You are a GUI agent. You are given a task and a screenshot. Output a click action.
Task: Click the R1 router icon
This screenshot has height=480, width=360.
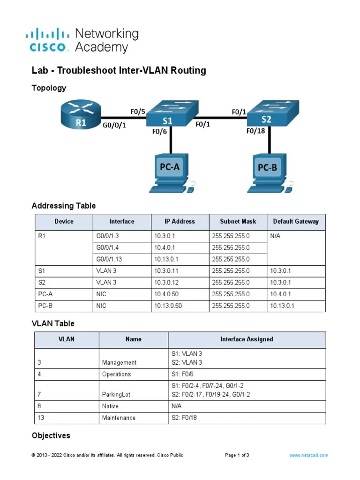pos(81,115)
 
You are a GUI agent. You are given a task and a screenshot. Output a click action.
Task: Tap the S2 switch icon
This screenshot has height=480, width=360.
pos(270,112)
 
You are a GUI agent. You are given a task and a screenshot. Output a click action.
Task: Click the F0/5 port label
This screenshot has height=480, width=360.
pos(138,112)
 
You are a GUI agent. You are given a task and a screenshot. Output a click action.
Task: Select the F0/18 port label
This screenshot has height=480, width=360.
pos(256,131)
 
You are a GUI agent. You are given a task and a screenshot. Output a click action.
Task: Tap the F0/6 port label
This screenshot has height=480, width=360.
pos(159,132)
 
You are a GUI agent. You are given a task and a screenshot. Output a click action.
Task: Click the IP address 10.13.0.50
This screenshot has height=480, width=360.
pos(168,306)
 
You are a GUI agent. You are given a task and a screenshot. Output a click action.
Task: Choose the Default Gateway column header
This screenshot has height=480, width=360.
pos(295,221)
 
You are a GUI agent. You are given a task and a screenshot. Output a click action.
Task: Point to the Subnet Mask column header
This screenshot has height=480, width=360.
pos(238,221)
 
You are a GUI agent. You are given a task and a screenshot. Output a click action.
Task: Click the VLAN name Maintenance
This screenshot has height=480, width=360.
pos(119,418)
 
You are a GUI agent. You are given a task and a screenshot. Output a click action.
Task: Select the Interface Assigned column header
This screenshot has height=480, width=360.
pos(247,339)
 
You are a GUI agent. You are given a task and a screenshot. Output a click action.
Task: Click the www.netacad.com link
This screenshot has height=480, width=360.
pos(308,455)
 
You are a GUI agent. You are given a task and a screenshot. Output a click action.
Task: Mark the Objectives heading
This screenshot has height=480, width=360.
pos(51,435)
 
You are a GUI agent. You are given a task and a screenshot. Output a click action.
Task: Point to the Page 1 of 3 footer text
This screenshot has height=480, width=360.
pos(237,455)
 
